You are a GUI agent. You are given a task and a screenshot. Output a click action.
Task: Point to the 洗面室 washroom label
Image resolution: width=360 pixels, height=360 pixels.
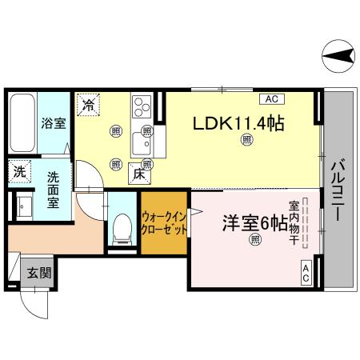pyautogui.click(x=54, y=190)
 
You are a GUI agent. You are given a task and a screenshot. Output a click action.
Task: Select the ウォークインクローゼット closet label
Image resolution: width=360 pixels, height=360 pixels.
pyautogui.click(x=165, y=222)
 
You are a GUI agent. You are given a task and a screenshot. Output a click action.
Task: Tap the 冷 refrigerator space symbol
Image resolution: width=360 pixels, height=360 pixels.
pyautogui.click(x=89, y=103)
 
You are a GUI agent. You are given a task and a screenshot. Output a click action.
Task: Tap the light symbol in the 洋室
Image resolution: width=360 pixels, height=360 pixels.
pyautogui.click(x=254, y=238)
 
